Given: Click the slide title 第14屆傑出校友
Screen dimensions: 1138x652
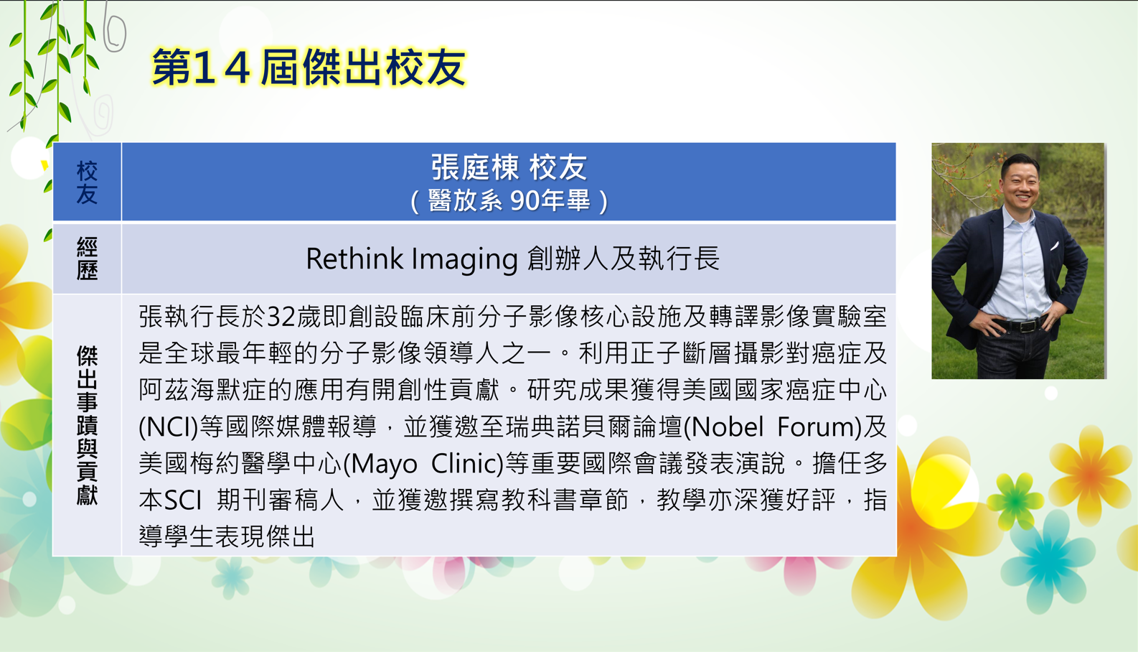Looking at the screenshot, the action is [x=309, y=67].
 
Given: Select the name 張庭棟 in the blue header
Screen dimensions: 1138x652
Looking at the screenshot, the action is [x=475, y=167].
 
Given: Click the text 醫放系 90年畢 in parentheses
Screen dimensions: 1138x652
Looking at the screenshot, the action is [x=509, y=200].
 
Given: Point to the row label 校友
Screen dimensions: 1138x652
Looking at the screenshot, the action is [x=87, y=182].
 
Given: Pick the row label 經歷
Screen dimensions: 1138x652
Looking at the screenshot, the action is [x=87, y=259].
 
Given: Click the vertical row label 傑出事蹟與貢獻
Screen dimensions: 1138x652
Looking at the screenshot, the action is [x=87, y=425].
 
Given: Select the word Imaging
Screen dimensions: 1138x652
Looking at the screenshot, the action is [x=464, y=261].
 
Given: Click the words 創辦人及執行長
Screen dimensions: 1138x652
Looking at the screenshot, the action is [x=624, y=259].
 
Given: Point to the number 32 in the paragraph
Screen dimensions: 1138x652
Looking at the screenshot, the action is [x=281, y=317].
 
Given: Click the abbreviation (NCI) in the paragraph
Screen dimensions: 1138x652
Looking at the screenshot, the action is [x=168, y=427].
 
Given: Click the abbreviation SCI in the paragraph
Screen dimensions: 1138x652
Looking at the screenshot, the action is [x=184, y=500].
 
